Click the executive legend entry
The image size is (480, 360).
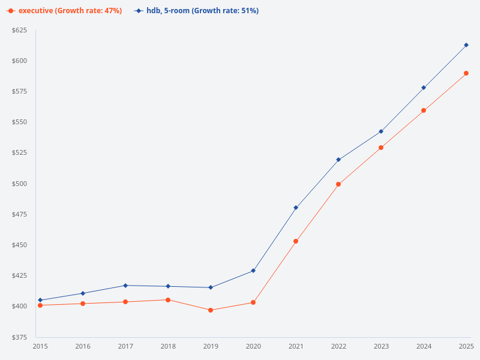pyautogui.click(x=65, y=11)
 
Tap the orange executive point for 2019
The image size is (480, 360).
pyautogui.click(x=211, y=310)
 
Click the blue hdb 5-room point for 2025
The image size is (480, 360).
pyautogui.click(x=466, y=45)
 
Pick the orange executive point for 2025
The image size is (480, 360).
pyautogui.click(x=466, y=73)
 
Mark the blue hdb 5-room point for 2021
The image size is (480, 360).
pyautogui.click(x=296, y=208)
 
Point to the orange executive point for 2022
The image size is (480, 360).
pyautogui.click(x=338, y=184)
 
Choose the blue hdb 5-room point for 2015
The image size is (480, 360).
pyautogui.click(x=40, y=300)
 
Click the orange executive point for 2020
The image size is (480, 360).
pyautogui.click(x=253, y=302)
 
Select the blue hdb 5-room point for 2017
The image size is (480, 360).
pyautogui.click(x=125, y=286)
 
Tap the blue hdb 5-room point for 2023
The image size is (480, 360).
pyautogui.click(x=381, y=131)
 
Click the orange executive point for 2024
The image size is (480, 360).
pyautogui.click(x=424, y=110)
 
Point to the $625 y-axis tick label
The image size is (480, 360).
pyautogui.click(x=20, y=30)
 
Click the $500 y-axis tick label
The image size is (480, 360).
pyautogui.click(x=20, y=184)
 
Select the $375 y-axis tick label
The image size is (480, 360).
pyautogui.click(x=20, y=337)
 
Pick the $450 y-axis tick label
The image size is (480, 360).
pyautogui.click(x=20, y=245)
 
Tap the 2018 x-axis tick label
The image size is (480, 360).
pyautogui.click(x=168, y=346)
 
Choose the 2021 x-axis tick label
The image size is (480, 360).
pyautogui.click(x=296, y=346)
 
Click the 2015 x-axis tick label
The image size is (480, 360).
pyautogui.click(x=40, y=346)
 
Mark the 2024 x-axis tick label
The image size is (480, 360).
pyautogui.click(x=424, y=346)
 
